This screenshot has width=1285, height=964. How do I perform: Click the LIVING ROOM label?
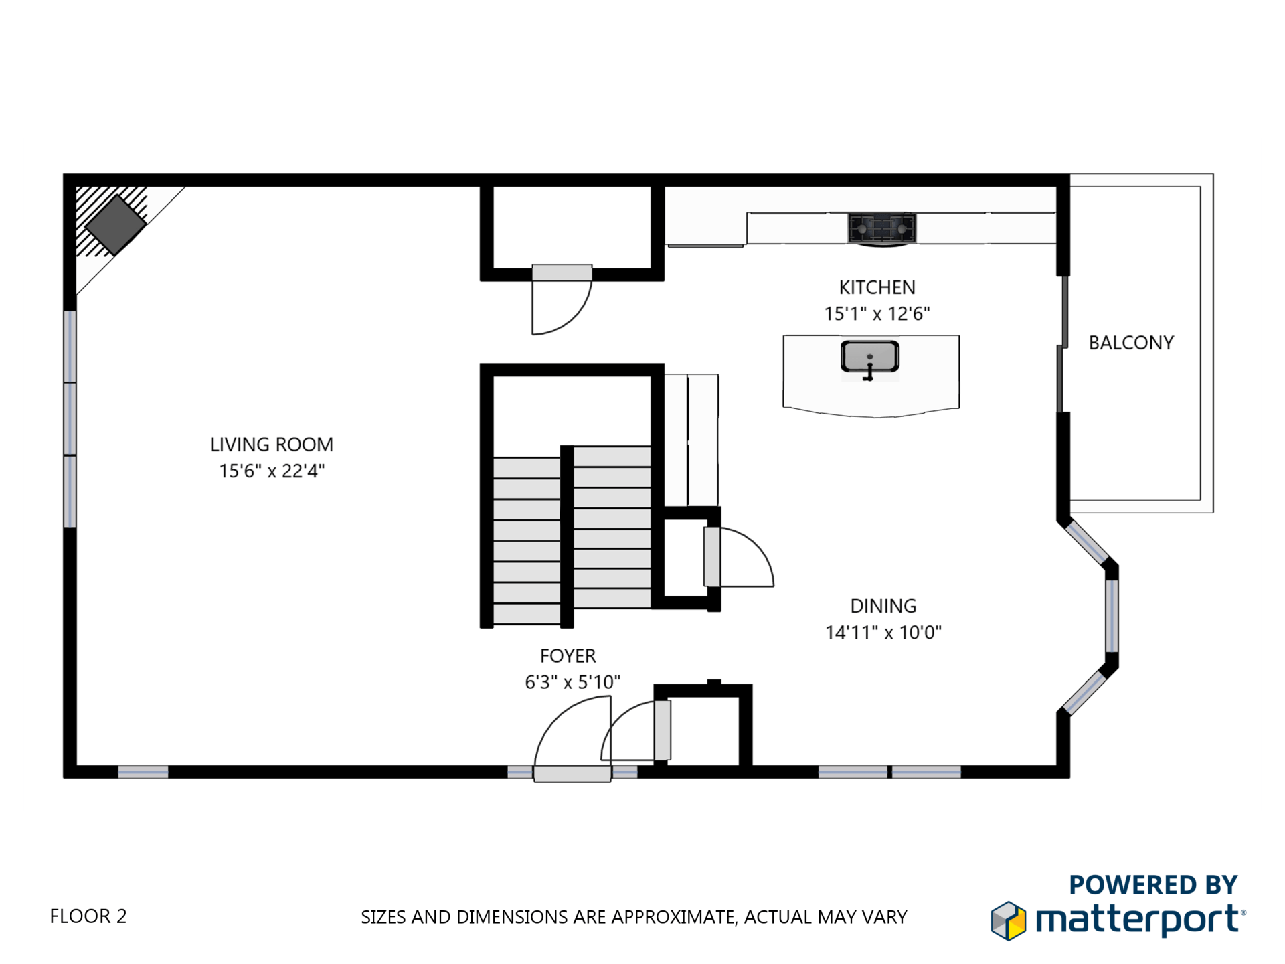(x=272, y=445)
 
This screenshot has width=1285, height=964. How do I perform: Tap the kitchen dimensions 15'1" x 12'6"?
(x=877, y=313)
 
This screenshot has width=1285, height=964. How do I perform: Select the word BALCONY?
(x=1131, y=343)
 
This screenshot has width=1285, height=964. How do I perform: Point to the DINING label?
(x=883, y=606)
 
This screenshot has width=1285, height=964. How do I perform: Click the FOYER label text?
(x=568, y=655)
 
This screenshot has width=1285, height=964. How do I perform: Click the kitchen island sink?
(x=869, y=357)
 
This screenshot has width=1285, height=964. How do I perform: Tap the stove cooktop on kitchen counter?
(x=881, y=228)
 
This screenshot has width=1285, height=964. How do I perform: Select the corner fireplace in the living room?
(x=116, y=224)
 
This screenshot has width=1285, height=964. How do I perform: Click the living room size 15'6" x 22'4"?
(x=272, y=471)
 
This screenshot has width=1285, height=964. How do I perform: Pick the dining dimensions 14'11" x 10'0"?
(x=883, y=632)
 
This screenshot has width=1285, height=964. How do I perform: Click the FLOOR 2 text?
(x=88, y=916)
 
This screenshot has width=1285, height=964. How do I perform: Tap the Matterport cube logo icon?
(x=1008, y=921)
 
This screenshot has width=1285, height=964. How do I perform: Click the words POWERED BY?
(x=1153, y=885)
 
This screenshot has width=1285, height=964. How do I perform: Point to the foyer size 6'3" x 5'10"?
(x=572, y=681)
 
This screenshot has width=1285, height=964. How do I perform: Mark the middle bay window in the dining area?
(x=1111, y=616)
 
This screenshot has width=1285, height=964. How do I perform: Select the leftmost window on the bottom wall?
(x=143, y=772)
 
